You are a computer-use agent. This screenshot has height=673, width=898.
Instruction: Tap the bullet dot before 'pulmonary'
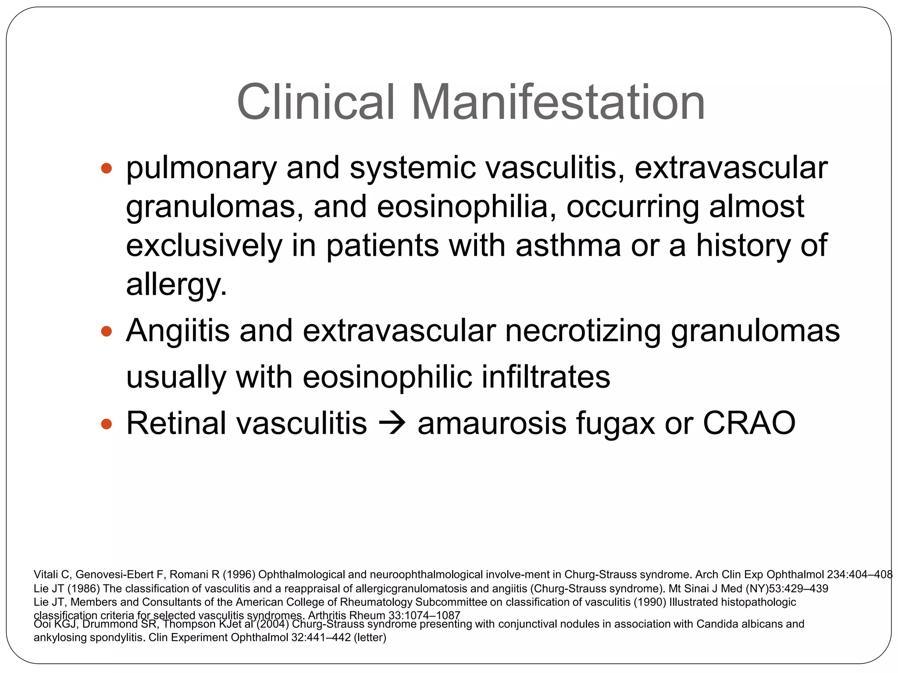(106, 168)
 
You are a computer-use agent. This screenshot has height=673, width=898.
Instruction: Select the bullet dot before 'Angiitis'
(106, 331)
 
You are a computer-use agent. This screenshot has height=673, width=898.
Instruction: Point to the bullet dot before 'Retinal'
(106, 424)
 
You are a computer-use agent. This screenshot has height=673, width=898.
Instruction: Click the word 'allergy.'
(176, 285)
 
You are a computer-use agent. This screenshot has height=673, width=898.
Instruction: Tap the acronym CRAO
(749, 423)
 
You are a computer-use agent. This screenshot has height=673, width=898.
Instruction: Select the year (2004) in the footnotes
(271, 624)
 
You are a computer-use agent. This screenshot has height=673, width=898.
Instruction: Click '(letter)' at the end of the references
(370, 638)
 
